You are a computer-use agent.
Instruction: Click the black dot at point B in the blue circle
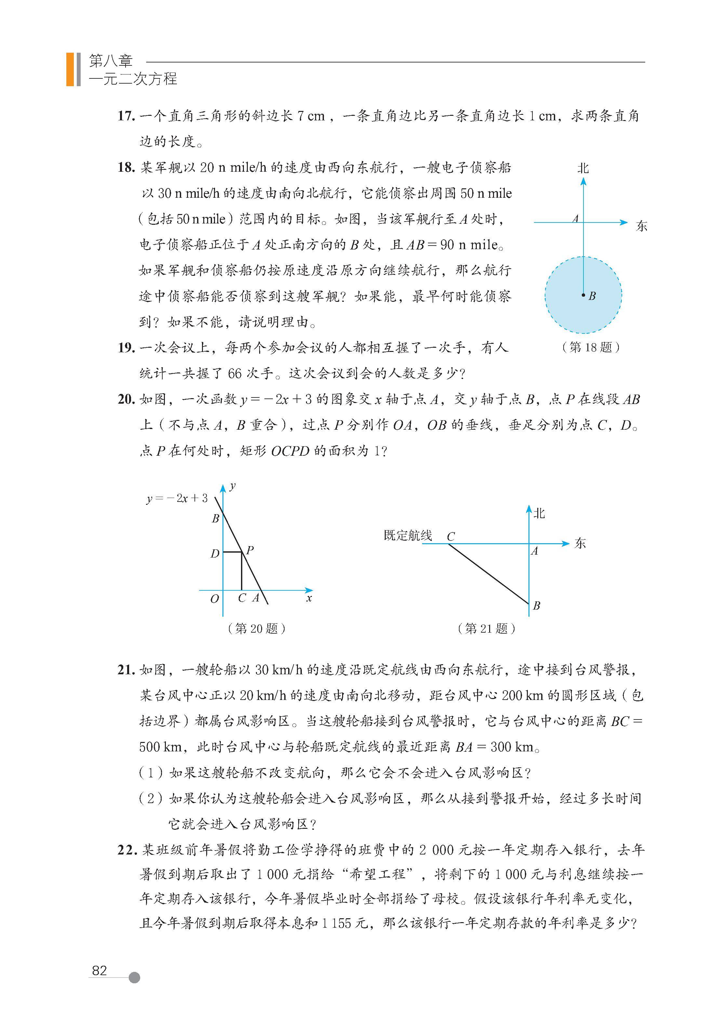click(x=583, y=295)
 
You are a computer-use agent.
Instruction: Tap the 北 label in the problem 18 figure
click(x=583, y=168)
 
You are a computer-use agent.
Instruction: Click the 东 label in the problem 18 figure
click(x=641, y=226)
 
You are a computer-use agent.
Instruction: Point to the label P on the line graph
click(x=250, y=550)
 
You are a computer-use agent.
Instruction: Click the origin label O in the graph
click(x=215, y=599)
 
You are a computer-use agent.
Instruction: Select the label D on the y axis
click(x=215, y=554)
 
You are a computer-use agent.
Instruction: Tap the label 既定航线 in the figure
click(x=408, y=535)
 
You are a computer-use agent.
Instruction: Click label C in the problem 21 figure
click(x=451, y=537)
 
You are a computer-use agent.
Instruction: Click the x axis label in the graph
click(x=309, y=599)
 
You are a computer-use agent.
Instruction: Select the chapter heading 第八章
click(x=111, y=61)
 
